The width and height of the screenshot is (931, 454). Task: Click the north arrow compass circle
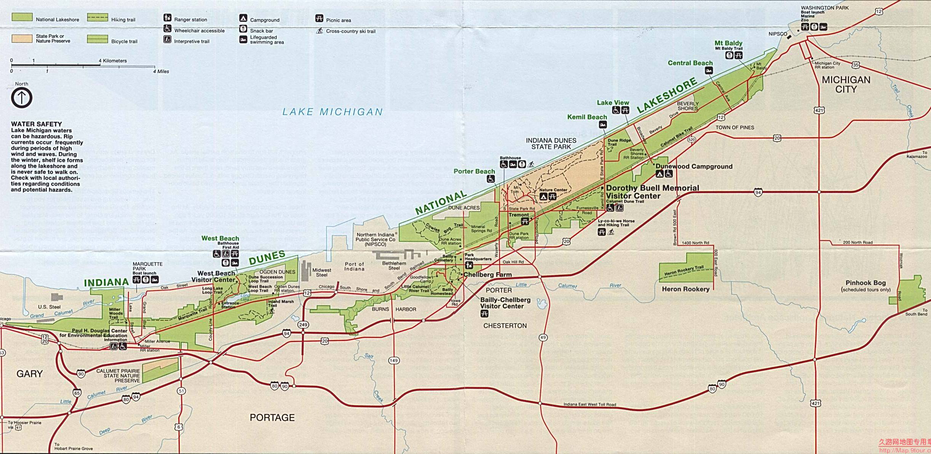22,98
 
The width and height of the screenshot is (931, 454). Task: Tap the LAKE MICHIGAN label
332,112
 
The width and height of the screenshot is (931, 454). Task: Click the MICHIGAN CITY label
846,85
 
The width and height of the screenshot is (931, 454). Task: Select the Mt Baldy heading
728,43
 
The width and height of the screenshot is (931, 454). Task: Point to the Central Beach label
690,63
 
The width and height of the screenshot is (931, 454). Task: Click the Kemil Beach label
587,117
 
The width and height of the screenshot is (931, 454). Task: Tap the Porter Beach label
474,171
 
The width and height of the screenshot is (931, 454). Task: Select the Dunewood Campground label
694,166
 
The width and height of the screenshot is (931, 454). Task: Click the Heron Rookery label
685,289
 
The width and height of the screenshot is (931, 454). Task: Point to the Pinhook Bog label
866,283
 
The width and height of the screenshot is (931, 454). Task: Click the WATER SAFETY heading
36,124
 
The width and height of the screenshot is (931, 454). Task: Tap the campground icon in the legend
243,18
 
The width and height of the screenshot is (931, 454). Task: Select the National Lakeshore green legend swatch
22,17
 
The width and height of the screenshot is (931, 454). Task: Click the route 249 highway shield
303,325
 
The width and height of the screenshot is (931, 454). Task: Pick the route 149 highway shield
393,360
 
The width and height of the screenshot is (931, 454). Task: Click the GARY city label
29,374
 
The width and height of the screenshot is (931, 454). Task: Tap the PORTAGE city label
272,418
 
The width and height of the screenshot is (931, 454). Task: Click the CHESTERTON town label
505,326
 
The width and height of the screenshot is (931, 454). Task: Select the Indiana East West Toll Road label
589,404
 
